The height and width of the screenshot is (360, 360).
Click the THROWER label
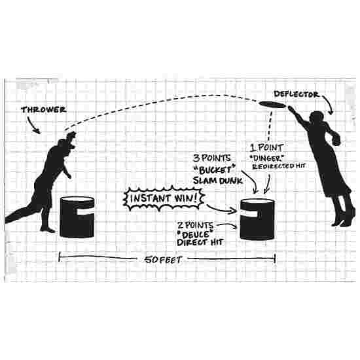coord(44,110)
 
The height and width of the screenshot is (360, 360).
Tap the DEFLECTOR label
coord(297,94)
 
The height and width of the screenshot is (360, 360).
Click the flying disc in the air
coord(272,105)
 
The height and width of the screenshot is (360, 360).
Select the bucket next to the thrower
coord(77,217)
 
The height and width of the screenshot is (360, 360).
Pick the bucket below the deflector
coord(257,219)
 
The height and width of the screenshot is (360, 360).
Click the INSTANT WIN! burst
coord(164,198)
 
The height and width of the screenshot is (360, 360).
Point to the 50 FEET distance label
coord(164,260)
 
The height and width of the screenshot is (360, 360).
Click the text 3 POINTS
coord(211,158)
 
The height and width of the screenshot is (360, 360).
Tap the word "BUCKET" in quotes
coord(215,170)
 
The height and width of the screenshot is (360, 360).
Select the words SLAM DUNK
coord(218,181)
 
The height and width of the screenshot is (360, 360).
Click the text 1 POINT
coord(266,148)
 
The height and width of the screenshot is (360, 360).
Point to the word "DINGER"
coord(266,158)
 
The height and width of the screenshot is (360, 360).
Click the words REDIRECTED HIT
coord(279,166)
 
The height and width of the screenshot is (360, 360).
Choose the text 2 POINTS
coord(196,225)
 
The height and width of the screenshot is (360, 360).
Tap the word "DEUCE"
coord(194,234)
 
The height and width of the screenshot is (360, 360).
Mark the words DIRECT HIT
coord(200,242)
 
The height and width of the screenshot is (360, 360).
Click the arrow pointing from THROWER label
coord(32,125)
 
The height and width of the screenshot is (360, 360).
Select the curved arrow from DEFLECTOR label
coord(329,103)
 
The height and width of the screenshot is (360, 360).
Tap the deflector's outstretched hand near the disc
coord(291,109)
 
